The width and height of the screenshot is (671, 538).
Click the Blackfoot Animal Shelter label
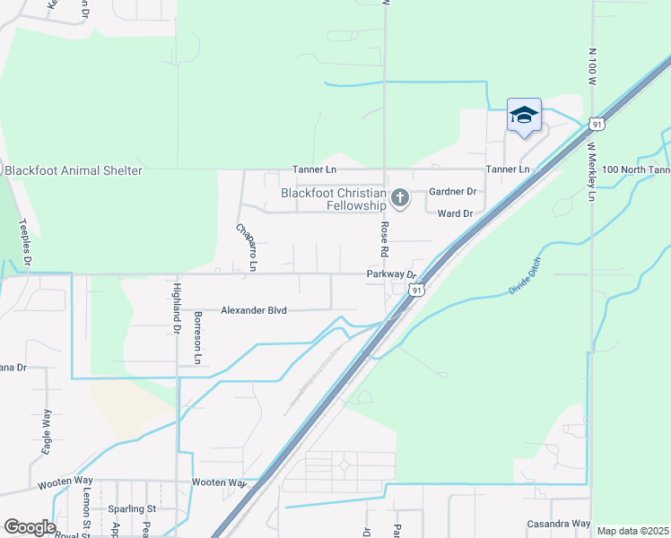[74, 170]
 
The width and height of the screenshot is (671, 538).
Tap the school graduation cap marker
[524, 116]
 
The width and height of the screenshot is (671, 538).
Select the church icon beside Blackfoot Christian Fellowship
[400, 198]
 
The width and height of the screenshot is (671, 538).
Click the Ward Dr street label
[455, 213]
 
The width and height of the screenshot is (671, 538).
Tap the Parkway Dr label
[392, 275]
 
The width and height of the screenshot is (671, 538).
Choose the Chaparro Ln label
[246, 248]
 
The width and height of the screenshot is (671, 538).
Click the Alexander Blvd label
[254, 310]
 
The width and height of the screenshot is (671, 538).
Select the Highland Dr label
[177, 308]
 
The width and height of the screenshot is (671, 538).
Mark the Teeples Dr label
[25, 242]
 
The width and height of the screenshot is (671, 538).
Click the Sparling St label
[132, 508]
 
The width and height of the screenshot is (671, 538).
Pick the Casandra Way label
[558, 524]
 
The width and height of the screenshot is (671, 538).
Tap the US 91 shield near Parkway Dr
[415, 290]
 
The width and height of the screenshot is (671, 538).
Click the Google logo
[30, 527]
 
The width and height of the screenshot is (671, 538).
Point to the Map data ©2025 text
[632, 531]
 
